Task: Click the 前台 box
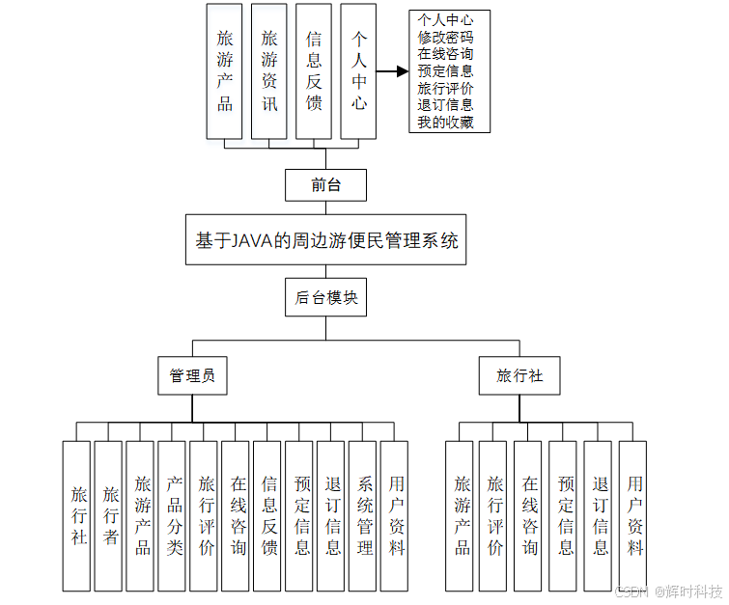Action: [x=325, y=184]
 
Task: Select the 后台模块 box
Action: [x=325, y=298]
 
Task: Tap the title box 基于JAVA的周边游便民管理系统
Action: [x=326, y=240]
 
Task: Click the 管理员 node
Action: [x=192, y=375]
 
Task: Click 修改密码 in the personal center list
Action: [x=445, y=36]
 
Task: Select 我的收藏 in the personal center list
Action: [x=445, y=122]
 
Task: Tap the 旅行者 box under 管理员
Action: [x=110, y=515]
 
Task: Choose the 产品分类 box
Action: [x=174, y=515]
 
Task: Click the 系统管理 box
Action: [x=364, y=515]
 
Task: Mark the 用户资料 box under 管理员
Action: [x=396, y=515]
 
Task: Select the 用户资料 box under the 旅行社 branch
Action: [x=633, y=515]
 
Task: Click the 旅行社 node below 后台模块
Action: [x=519, y=375]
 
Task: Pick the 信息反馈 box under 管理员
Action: [x=269, y=515]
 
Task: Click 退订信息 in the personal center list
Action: [x=445, y=104]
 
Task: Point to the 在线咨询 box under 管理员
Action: [x=238, y=515]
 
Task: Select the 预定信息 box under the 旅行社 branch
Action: [x=565, y=515]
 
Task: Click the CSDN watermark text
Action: [x=631, y=591]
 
